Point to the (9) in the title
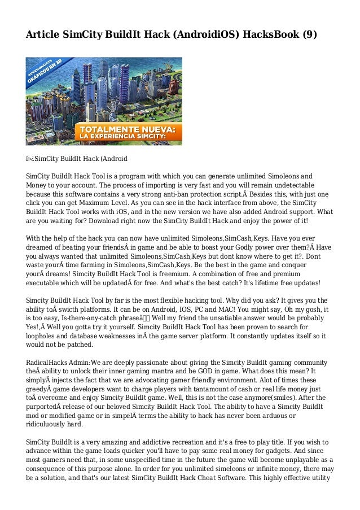[310, 35]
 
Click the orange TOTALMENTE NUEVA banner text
[129, 129]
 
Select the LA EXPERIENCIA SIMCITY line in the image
[129, 137]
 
